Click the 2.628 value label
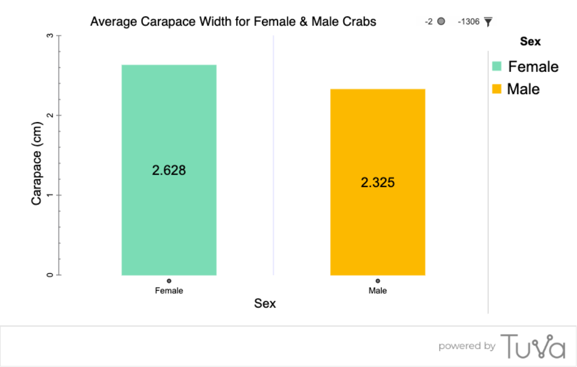click(x=169, y=170)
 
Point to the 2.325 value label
click(x=378, y=183)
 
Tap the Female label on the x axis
click(x=169, y=291)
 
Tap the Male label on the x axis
click(x=378, y=291)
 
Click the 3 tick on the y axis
click(x=50, y=36)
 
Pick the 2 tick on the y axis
click(x=50, y=115)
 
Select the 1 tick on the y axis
click(x=50, y=195)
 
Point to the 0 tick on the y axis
click(x=50, y=275)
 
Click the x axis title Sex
click(x=265, y=304)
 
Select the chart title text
click(x=233, y=22)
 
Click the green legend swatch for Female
click(x=496, y=66)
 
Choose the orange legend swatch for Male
click(x=496, y=89)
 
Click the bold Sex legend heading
click(x=530, y=42)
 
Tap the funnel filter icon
click(x=488, y=22)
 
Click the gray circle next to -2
click(x=441, y=21)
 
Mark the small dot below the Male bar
click(x=378, y=281)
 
